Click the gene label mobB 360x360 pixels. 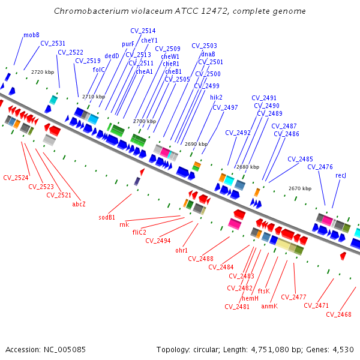click(x=31, y=35)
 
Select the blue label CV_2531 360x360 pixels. click(x=53, y=43)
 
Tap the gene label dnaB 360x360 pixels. click(x=208, y=54)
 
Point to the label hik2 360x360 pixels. click(x=216, y=97)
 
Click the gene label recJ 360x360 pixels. click(x=341, y=175)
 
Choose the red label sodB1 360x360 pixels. click(x=107, y=217)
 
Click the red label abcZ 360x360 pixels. click(x=79, y=204)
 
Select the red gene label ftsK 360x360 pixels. click(x=263, y=291)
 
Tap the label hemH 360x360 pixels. click(x=250, y=298)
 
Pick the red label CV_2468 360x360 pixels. click(x=339, y=314)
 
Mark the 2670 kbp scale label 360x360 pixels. click(x=300, y=188)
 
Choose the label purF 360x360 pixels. click(x=128, y=44)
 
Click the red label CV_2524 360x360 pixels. click(x=16, y=178)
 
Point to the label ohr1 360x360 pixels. click(x=182, y=250)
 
